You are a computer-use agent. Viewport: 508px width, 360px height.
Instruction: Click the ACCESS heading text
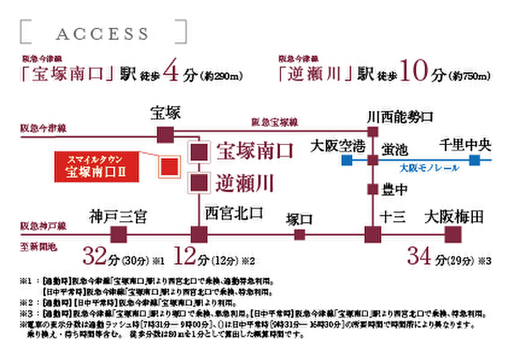(102, 33)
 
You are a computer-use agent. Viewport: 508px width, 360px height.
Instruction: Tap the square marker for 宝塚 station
(165, 135)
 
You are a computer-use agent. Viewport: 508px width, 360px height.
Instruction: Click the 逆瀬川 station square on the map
(199, 183)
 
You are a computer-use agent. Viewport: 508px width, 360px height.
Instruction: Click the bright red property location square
(170, 166)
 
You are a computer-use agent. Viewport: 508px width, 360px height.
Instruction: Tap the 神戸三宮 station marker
(118, 234)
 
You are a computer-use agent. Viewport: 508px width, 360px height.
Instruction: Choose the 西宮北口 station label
(234, 213)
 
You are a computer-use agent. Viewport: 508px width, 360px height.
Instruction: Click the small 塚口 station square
(299, 234)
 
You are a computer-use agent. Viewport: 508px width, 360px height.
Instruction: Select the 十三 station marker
(373, 234)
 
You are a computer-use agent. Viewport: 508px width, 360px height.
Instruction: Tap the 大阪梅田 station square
(453, 234)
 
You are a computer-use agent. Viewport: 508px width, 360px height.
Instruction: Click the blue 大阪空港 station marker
(347, 160)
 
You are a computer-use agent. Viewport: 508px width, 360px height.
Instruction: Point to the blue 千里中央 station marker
(474, 160)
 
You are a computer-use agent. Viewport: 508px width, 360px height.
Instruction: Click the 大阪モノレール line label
(429, 168)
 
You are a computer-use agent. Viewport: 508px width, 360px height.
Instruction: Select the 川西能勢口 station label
(400, 118)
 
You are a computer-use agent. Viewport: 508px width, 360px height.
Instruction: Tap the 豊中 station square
(373, 189)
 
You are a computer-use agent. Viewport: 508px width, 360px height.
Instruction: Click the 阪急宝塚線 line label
(274, 122)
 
